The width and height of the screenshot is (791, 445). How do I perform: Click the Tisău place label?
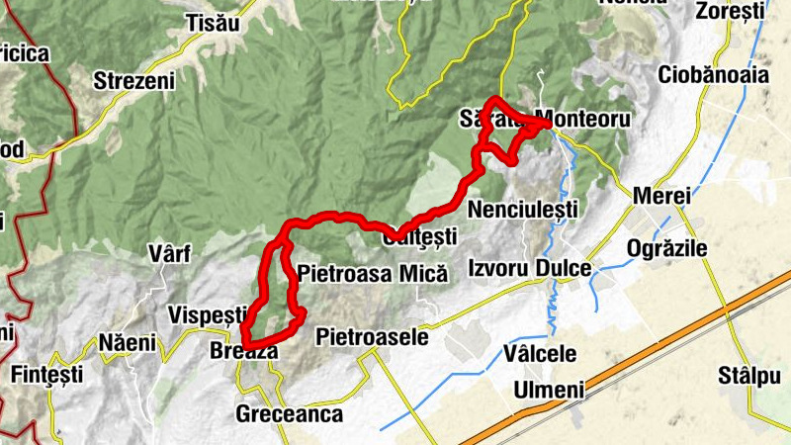213,23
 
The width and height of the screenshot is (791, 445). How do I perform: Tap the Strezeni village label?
133,80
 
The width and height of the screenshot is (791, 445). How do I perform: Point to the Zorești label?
731,13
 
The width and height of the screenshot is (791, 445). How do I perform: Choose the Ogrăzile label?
667,248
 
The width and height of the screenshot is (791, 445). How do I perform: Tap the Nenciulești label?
523,211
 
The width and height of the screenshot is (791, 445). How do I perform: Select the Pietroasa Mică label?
372,272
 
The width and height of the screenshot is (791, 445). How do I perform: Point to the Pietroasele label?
372,337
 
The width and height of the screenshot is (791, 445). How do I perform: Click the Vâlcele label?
540,353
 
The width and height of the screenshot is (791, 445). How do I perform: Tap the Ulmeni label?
549,390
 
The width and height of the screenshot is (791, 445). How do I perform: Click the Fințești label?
46,376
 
